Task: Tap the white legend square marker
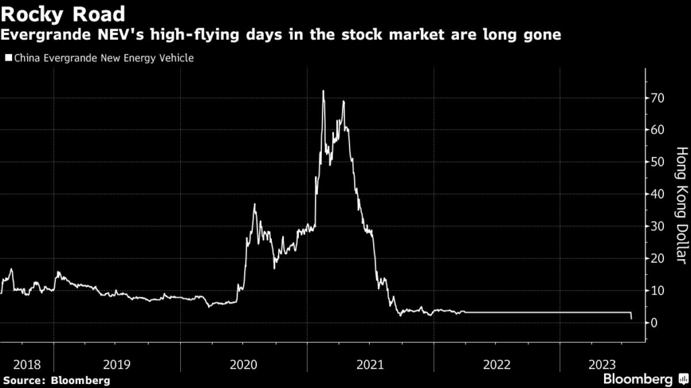tap(8, 59)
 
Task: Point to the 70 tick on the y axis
tap(657, 98)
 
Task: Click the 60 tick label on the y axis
tap(657, 129)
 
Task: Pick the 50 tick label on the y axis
tap(657, 162)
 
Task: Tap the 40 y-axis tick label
tap(657, 194)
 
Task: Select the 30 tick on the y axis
tap(657, 226)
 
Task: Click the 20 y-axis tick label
tap(657, 258)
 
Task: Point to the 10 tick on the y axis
tap(657, 290)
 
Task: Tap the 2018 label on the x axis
tap(27, 364)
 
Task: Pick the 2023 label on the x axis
tap(601, 364)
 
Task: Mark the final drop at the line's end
tap(631, 317)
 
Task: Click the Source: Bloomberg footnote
tap(57, 381)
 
